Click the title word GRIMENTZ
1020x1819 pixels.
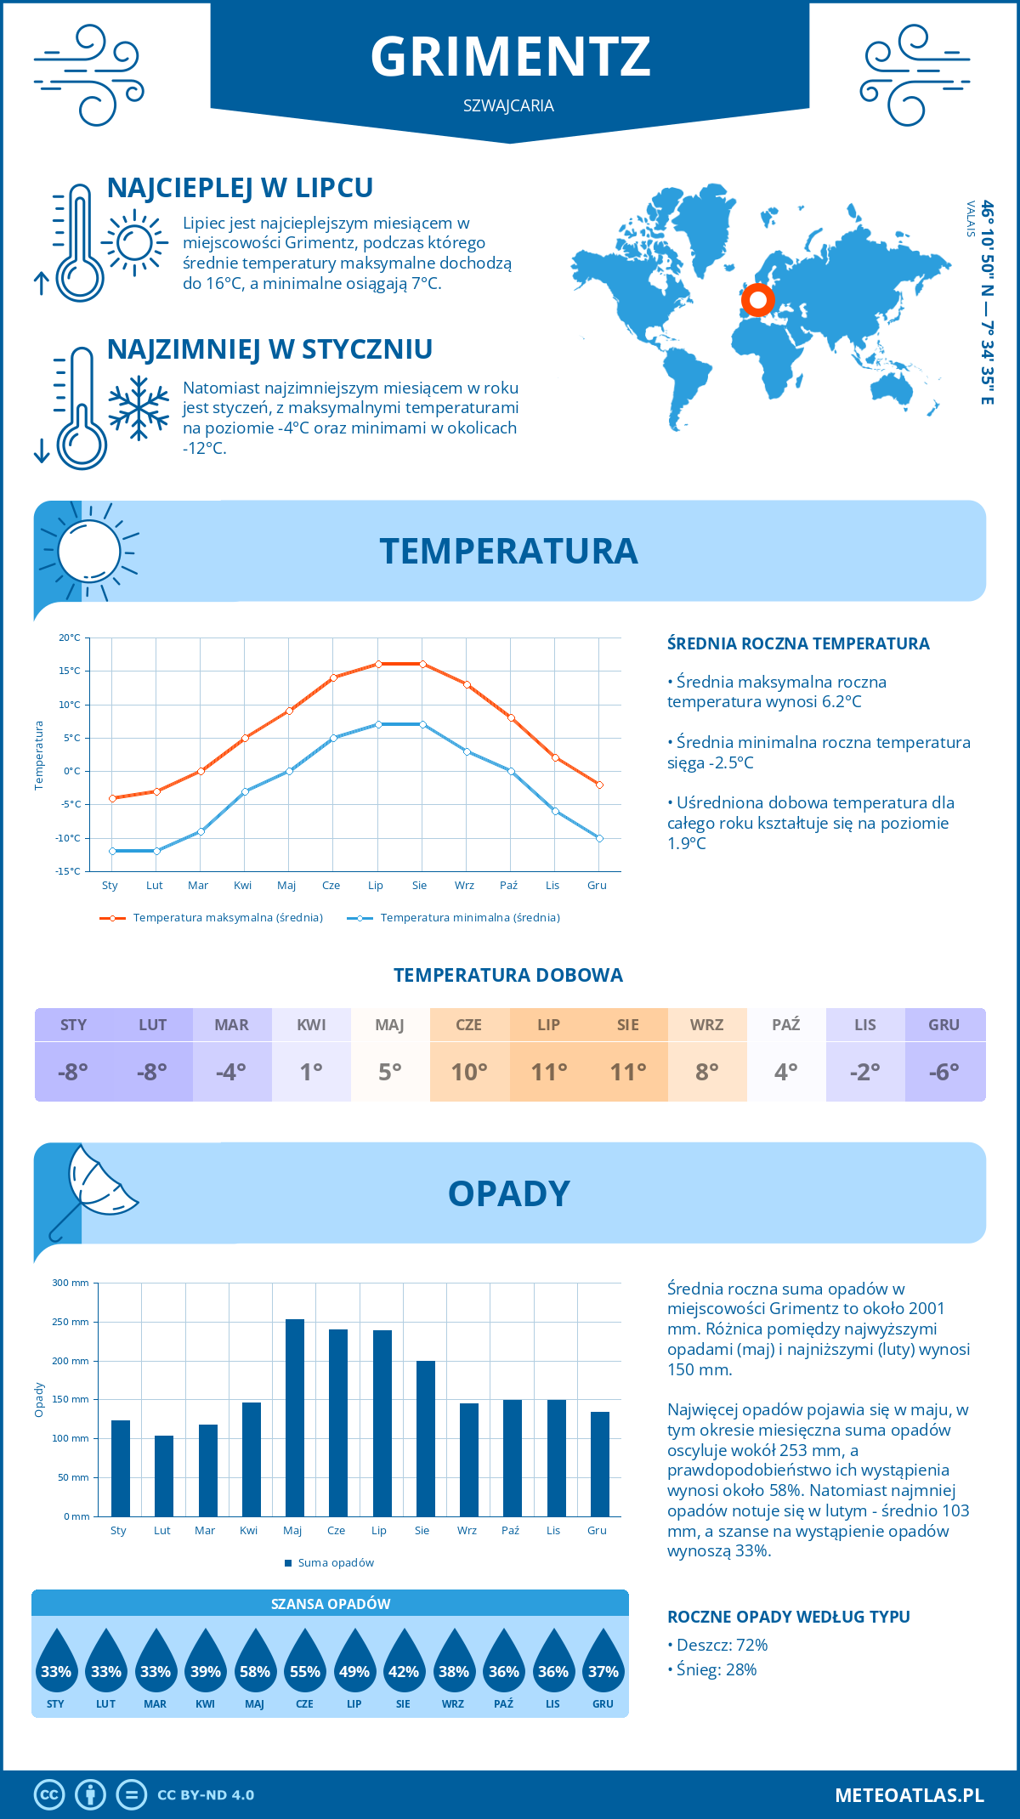pyautogui.click(x=510, y=56)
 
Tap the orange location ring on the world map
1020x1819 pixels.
pyautogui.click(x=757, y=299)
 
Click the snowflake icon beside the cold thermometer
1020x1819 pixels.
pyautogui.click(x=139, y=408)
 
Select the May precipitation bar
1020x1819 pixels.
pyautogui.click(x=295, y=1417)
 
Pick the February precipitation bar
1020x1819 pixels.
pyautogui.click(x=164, y=1475)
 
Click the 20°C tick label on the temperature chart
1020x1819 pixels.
pyautogui.click(x=70, y=637)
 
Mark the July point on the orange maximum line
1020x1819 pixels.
pyautogui.click(x=378, y=664)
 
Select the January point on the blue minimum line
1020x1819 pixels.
pyautogui.click(x=112, y=851)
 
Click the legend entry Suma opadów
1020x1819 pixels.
pyautogui.click(x=336, y=1562)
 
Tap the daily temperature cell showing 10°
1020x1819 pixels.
pyautogui.click(x=469, y=1072)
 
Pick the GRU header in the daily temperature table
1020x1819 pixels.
pyautogui.click(x=944, y=1024)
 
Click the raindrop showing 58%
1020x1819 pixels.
pyautogui.click(x=255, y=1671)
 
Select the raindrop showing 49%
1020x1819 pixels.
pyautogui.click(x=354, y=1671)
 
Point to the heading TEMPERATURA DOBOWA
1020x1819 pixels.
pyautogui.click(x=508, y=975)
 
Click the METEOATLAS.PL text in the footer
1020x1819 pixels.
pyautogui.click(x=909, y=1795)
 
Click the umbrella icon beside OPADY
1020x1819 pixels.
pyautogui.click(x=93, y=1190)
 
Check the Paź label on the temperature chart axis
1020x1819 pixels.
pyautogui.click(x=508, y=885)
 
